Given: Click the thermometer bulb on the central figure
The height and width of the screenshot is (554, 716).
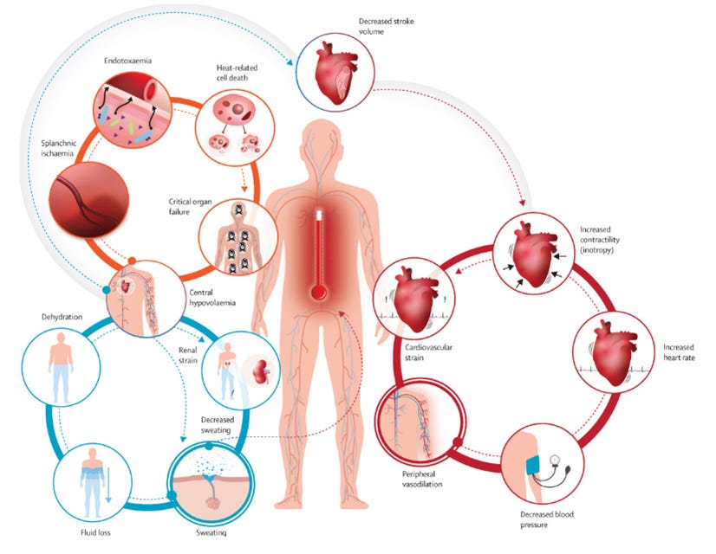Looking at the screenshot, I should coord(319,293).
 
